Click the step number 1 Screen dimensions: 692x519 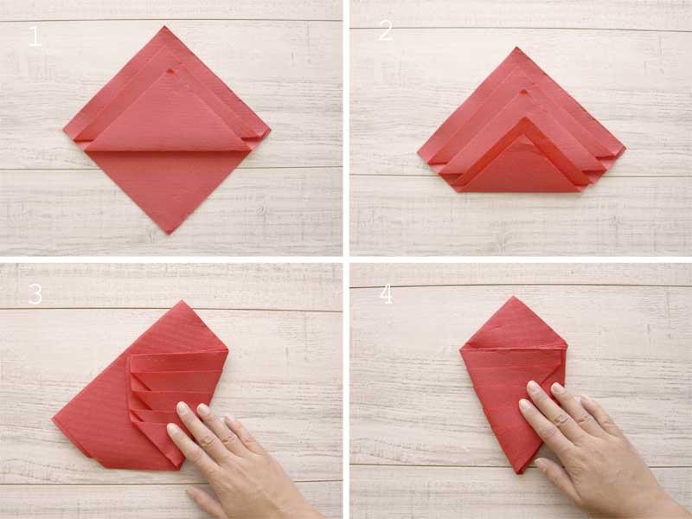point(35,36)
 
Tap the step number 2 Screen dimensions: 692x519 point(385,31)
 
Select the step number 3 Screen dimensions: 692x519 point(35,293)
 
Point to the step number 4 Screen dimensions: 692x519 point(386,294)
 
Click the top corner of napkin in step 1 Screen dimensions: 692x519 point(165,27)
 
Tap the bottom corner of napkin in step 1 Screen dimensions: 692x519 point(168,234)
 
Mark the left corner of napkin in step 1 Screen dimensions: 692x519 point(64,131)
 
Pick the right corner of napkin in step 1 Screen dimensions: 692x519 point(270,130)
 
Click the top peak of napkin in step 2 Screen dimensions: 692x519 point(516,48)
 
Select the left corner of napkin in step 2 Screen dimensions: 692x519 point(418,153)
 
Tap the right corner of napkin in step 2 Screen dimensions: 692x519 point(625,148)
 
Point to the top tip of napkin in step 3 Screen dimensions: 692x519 point(181,301)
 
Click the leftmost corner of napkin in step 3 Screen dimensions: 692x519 point(53,420)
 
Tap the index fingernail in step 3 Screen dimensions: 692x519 point(183,407)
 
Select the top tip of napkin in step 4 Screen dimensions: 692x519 point(513,297)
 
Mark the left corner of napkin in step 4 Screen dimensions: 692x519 point(460,349)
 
